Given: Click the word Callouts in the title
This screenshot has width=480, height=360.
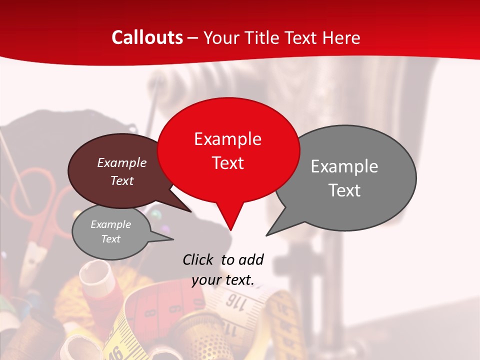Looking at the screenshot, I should [147, 37].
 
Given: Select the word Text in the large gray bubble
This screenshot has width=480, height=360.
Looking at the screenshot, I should [344, 190].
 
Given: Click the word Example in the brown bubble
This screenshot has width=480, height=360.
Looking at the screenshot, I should [122, 162].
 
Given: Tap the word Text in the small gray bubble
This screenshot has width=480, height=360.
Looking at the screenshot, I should [111, 239].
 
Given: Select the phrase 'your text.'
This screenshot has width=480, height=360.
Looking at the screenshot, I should [223, 280].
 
